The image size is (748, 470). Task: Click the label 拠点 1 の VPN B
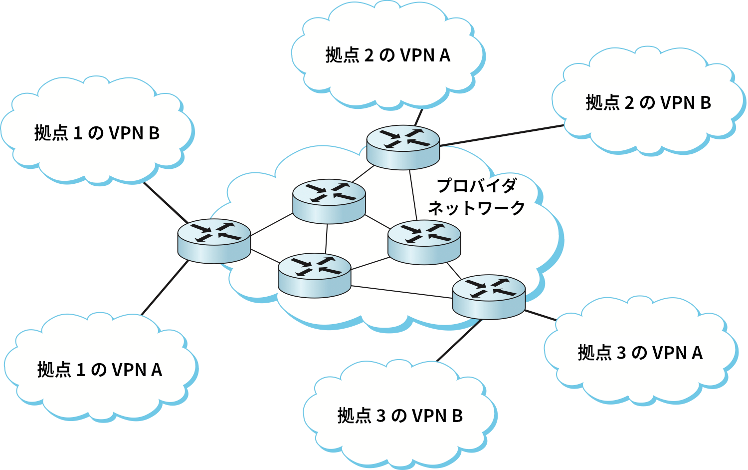coord(97,133)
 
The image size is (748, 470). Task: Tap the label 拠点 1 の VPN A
coord(100,370)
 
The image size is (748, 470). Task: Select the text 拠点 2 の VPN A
coord(387,55)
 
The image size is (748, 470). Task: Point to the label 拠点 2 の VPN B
coord(648,103)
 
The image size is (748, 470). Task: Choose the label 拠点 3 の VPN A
coord(640,353)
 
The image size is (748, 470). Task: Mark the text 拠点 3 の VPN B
coord(400,416)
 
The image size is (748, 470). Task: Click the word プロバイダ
coord(477,186)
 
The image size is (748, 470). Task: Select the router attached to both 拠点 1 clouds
coord(214,241)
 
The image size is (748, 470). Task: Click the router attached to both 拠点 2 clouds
coord(403,147)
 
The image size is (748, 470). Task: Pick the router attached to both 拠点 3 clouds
coord(489,297)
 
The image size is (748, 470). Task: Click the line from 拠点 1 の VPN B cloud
coord(166,203)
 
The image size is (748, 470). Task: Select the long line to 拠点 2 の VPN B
coord(502,135)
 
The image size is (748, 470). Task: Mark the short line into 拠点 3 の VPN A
coord(541,315)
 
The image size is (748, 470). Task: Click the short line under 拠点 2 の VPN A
coord(418,117)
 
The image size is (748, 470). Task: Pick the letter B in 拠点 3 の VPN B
coord(457,416)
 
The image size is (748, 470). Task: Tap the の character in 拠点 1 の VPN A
coord(98,370)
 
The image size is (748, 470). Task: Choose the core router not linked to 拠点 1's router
coord(424,242)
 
